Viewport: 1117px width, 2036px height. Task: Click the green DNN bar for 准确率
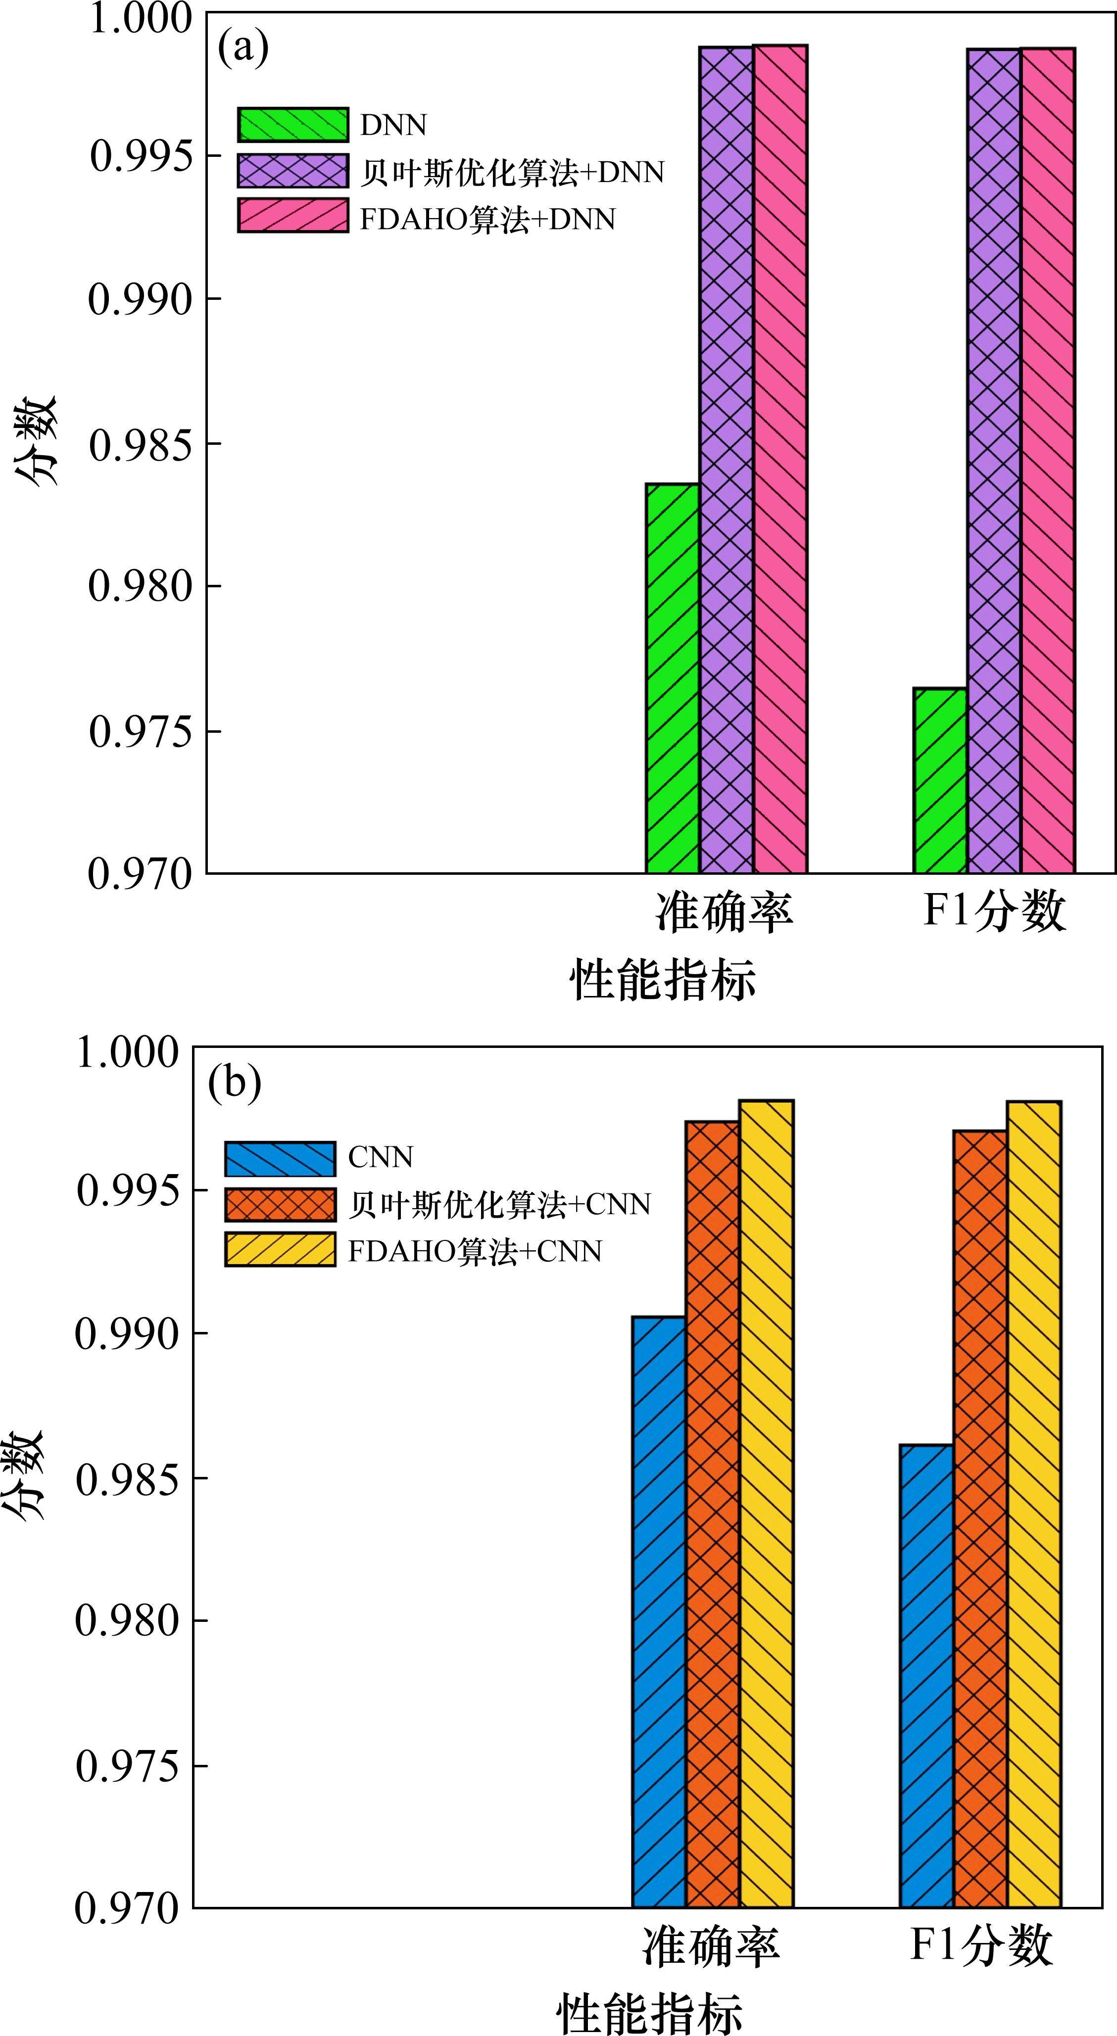coord(673,678)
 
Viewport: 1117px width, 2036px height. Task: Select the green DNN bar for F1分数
coord(940,780)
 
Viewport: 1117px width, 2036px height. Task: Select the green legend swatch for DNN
coord(292,125)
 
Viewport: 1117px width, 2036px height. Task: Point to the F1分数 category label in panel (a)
coord(994,911)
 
